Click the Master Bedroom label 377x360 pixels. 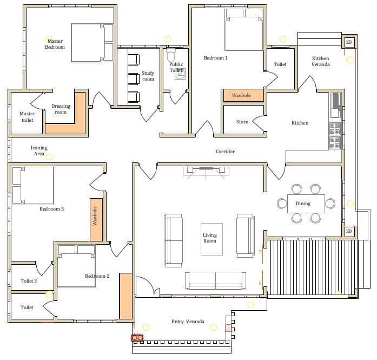(x=55, y=44)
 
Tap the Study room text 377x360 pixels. (x=148, y=76)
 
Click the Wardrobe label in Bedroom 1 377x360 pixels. (x=241, y=95)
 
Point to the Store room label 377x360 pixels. (x=242, y=122)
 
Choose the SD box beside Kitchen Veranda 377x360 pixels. (x=349, y=42)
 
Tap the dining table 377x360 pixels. (x=306, y=204)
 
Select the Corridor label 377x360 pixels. (x=225, y=152)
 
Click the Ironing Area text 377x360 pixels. (x=39, y=150)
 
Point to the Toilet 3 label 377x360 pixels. (x=29, y=281)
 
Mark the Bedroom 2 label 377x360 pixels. (x=97, y=276)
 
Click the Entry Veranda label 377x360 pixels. (x=188, y=322)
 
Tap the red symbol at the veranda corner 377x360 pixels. (x=137, y=338)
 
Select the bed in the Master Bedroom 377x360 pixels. (x=92, y=43)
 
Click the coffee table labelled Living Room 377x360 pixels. (x=211, y=239)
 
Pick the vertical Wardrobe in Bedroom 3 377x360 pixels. (x=96, y=219)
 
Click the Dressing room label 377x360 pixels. (x=61, y=109)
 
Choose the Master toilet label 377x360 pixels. (x=27, y=117)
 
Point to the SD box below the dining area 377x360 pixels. (x=349, y=231)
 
